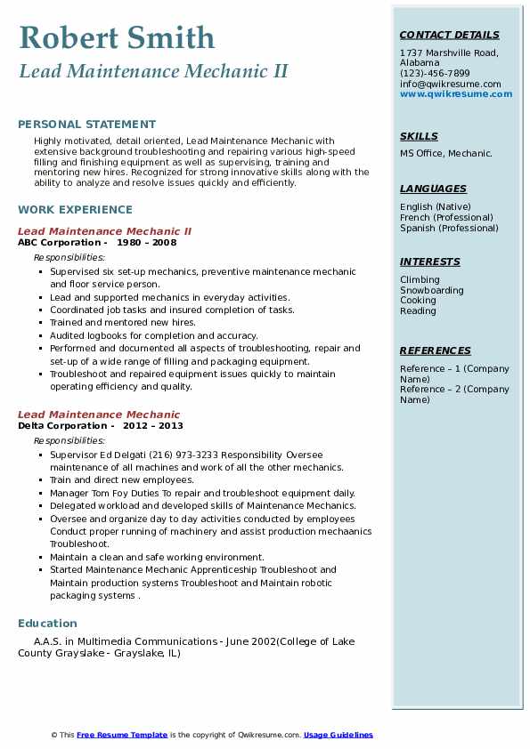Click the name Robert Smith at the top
(x=117, y=37)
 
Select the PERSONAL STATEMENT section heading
(x=86, y=125)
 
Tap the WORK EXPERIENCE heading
(x=75, y=210)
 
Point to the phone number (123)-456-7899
(x=435, y=74)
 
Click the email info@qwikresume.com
(x=450, y=85)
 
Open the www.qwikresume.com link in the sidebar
(x=456, y=94)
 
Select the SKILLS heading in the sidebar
(x=419, y=137)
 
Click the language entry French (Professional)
(x=446, y=218)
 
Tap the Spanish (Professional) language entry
(x=449, y=229)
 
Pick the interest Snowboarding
(x=431, y=291)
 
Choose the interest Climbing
(x=420, y=280)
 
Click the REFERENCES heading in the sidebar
(x=436, y=351)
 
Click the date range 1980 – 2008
(x=147, y=243)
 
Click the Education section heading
(x=47, y=624)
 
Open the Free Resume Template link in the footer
(x=122, y=735)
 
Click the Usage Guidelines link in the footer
(x=338, y=735)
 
